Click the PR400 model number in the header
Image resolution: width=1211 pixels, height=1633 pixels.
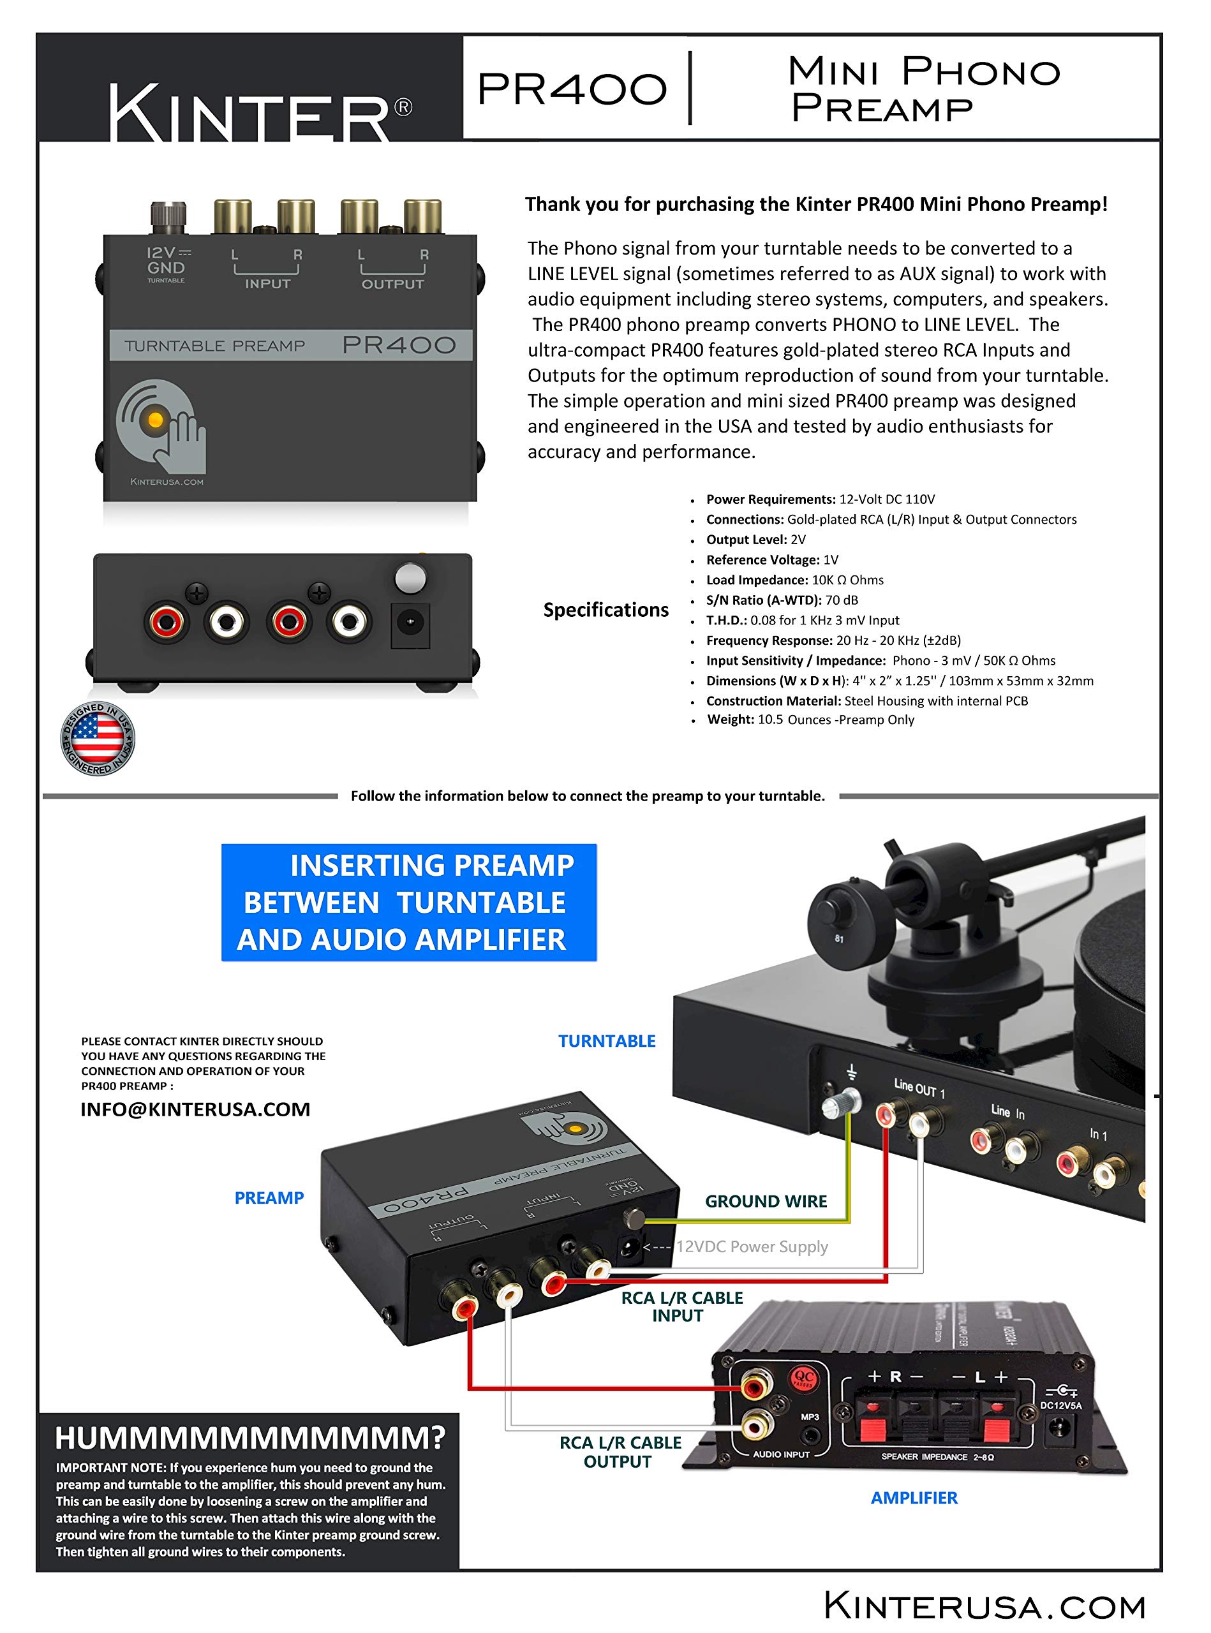(572, 89)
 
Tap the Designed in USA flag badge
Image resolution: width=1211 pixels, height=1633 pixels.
(98, 739)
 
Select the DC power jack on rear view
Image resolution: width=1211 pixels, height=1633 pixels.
(410, 623)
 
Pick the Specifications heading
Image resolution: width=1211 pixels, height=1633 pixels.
(605, 610)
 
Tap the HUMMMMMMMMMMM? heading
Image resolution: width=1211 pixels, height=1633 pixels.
(250, 1438)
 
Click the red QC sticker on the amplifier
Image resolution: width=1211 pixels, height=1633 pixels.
(803, 1378)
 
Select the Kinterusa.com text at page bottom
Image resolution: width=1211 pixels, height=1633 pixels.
(984, 1606)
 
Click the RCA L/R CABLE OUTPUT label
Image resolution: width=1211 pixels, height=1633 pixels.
(620, 1452)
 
